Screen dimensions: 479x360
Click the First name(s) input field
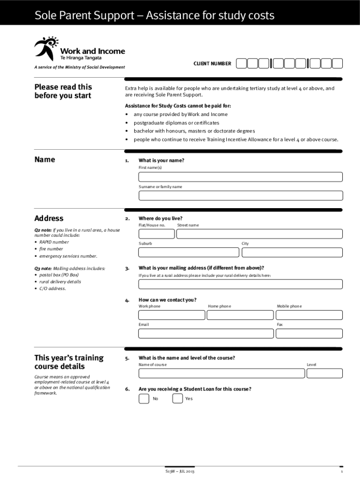(240, 177)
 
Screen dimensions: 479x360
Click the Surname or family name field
(240, 196)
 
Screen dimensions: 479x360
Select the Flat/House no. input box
(156, 234)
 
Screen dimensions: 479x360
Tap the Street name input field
(259, 234)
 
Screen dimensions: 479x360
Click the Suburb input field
(188, 253)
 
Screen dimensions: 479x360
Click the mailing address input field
(240, 284)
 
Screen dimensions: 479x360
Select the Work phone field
(172, 315)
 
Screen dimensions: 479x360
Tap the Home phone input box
(240, 315)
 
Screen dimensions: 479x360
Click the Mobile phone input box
(309, 315)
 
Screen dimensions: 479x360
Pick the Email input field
(206, 333)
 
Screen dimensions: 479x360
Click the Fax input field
(309, 333)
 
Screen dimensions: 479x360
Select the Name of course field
(222, 373)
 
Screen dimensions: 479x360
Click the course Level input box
(324, 373)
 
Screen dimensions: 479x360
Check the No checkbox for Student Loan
(144, 399)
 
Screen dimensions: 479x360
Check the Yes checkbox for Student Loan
(178, 399)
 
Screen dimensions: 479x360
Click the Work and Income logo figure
(46, 47)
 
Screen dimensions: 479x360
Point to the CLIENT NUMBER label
(212, 64)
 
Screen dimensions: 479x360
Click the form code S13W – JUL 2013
(180, 471)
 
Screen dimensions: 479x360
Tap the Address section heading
(49, 218)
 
